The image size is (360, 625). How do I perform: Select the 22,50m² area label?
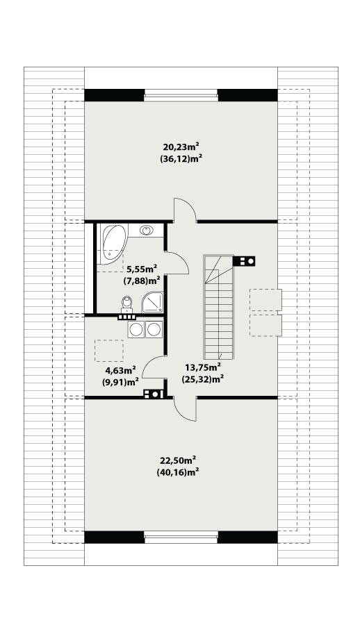point(178,461)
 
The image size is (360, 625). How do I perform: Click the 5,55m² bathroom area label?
point(142,269)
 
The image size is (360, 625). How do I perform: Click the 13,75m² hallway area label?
point(203,367)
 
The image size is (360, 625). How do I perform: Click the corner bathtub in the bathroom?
point(113,244)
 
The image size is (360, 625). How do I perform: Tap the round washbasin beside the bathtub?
point(147,230)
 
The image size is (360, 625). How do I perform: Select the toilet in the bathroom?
point(127,304)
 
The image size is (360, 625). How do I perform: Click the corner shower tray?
point(153,302)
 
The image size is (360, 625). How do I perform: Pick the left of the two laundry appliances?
point(136,330)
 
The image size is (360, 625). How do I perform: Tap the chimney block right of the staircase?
point(243,262)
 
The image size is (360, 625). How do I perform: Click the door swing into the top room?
point(184,210)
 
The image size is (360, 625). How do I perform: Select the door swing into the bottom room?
point(185,408)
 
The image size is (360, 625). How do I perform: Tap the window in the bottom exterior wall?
point(181,537)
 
